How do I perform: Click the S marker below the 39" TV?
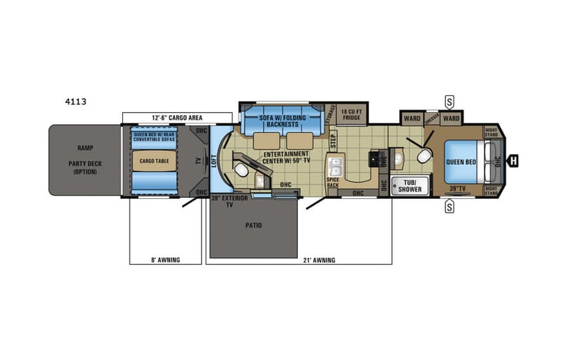tap(449, 205)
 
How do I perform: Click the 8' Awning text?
tap(165, 260)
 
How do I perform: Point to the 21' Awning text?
tap(319, 260)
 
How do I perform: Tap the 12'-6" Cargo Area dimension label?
tap(177, 117)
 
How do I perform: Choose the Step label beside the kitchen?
tap(333, 140)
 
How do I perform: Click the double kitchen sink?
tap(335, 167)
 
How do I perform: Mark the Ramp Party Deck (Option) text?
tap(84, 160)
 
